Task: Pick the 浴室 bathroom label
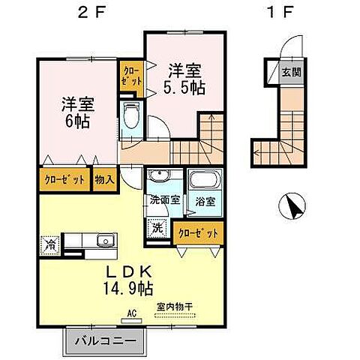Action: [x=205, y=202]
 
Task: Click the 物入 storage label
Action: [x=104, y=179]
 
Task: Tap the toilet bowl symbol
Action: [x=133, y=117]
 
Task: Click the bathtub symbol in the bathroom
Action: [x=202, y=181]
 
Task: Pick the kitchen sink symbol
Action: [x=105, y=240]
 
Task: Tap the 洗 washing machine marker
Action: [x=157, y=227]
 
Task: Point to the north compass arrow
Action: [x=292, y=205]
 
